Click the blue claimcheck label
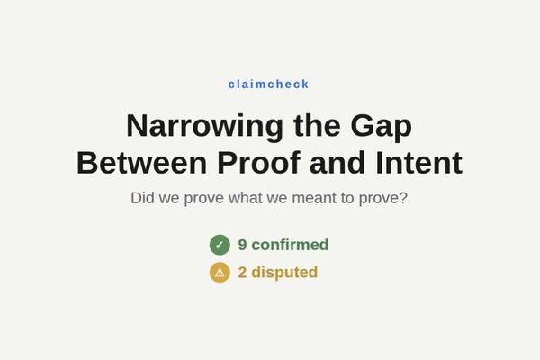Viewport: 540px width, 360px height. pyautogui.click(x=269, y=85)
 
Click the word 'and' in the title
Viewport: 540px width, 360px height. pyautogui.click(x=336, y=163)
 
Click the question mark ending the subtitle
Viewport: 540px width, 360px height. pyautogui.click(x=403, y=197)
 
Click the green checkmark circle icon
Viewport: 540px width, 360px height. pyautogui.click(x=220, y=245)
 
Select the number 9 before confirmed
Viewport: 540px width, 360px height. pyautogui.click(x=242, y=245)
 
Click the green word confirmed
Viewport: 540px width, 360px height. pyautogui.click(x=290, y=245)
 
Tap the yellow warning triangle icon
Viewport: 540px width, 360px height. pyautogui.click(x=220, y=272)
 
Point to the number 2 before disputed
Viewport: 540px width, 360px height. pyautogui.click(x=242, y=272)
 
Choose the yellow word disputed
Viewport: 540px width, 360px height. pyautogui.click(x=284, y=272)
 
